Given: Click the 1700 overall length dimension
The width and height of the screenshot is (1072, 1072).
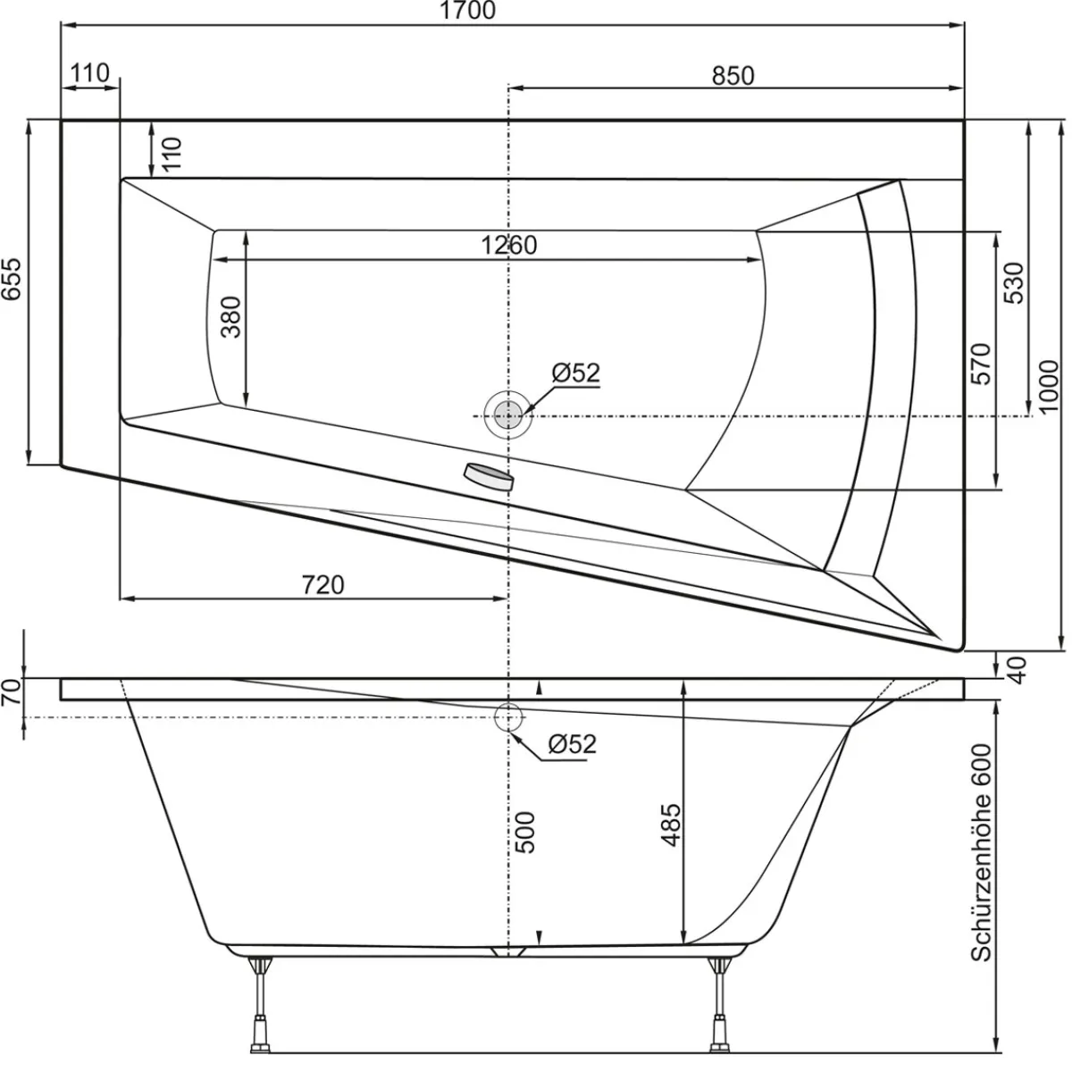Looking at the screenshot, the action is pos(467,11).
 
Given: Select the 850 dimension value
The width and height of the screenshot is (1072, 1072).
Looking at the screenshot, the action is pos(733,76).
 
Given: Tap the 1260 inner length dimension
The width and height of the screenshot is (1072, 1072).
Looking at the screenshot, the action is pos(508,245).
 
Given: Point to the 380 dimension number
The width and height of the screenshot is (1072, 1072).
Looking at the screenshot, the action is pos(230,317).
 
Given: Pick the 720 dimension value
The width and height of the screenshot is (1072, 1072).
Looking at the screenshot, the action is pos(322,584).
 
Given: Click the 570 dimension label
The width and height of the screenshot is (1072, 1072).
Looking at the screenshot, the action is pos(981,364).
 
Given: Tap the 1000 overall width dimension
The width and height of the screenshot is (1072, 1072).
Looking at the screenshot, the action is pos(1049,386).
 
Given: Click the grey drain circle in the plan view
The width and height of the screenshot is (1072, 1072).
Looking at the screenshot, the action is pos(507,415).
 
